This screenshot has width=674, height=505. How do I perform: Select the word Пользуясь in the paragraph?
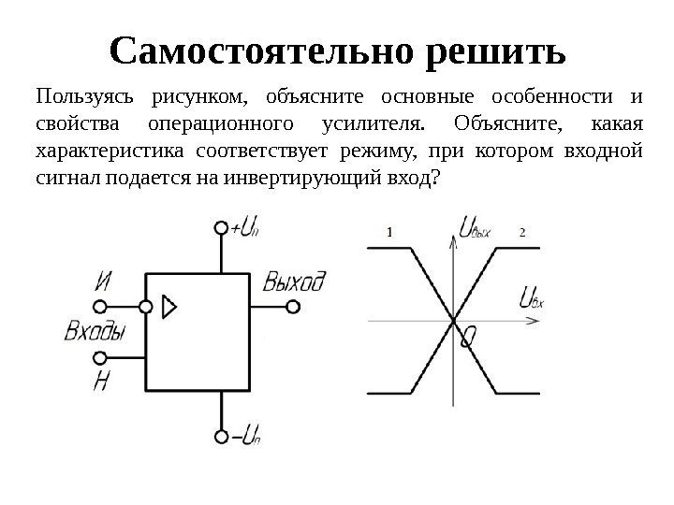pos(80,98)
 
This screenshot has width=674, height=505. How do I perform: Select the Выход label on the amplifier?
pos(294,281)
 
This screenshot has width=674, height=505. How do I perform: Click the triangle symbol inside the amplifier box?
pos(169,306)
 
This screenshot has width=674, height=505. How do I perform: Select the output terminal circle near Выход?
pos(293,307)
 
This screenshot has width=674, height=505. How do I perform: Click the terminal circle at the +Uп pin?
pos(221,228)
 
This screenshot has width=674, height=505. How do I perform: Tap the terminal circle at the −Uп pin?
pos(221,435)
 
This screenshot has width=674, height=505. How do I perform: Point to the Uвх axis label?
pos(531,299)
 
